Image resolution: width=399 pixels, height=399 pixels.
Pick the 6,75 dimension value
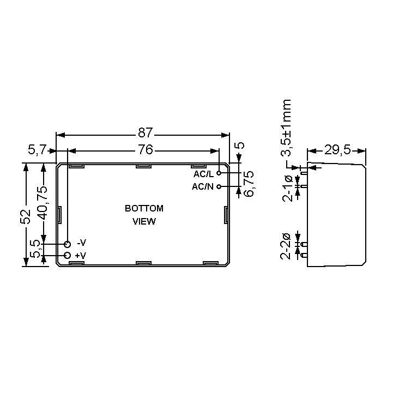click(x=249, y=184)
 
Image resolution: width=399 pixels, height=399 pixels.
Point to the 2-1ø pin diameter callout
click(x=287, y=188)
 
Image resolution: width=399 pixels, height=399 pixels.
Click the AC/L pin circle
click(x=219, y=173)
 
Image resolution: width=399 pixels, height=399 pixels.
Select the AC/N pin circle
click(x=219, y=186)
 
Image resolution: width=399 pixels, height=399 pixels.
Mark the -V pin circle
click(x=68, y=244)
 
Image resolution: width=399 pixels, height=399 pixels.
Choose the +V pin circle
click(x=68, y=255)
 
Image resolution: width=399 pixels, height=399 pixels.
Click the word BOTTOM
click(x=144, y=208)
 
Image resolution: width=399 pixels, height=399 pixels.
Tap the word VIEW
click(x=144, y=221)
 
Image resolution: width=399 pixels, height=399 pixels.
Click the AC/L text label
click(x=204, y=174)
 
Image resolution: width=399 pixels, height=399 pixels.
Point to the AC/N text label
click(x=203, y=187)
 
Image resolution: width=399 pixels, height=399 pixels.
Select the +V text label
click(x=81, y=256)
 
